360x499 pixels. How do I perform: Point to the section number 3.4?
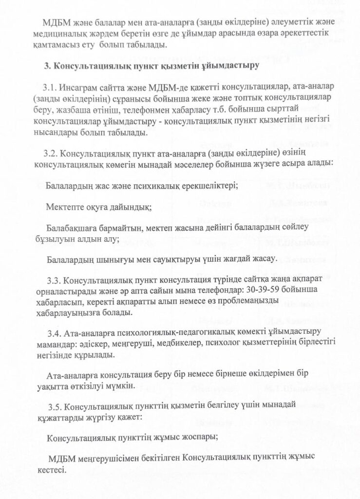(57, 333)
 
